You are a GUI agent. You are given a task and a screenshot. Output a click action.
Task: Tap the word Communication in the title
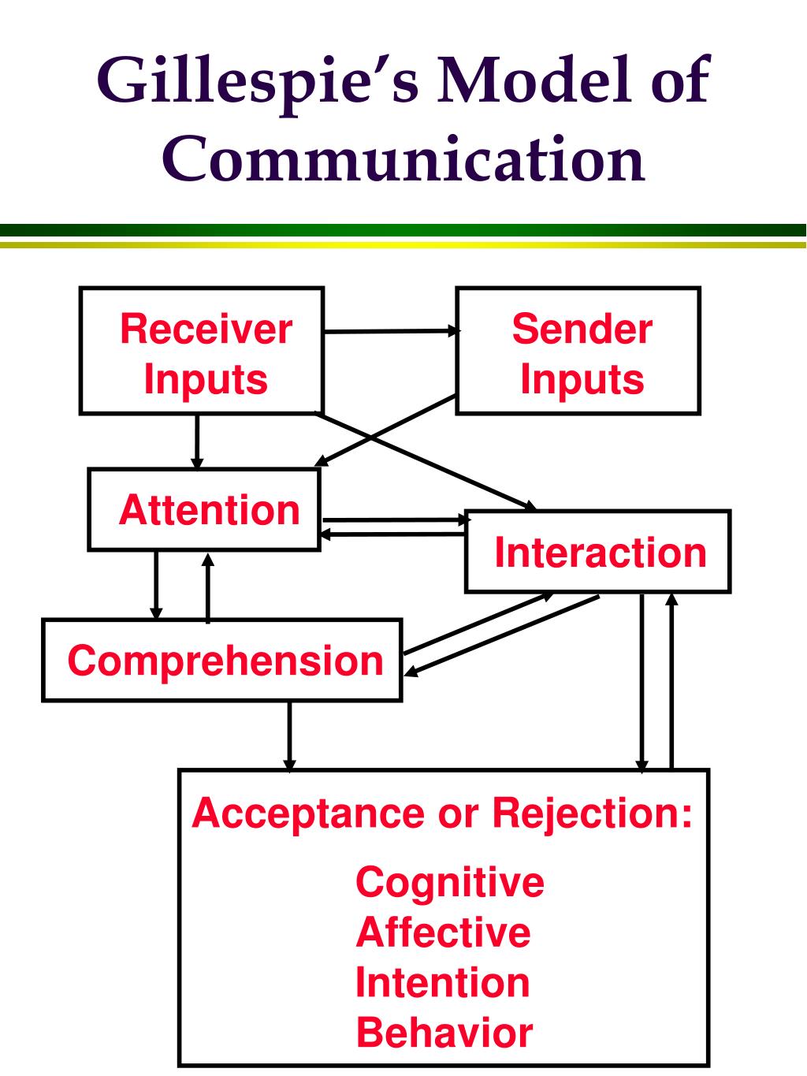(x=403, y=159)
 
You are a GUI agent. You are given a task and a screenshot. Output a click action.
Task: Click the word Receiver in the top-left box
(x=206, y=330)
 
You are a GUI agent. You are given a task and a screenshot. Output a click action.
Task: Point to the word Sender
(x=582, y=330)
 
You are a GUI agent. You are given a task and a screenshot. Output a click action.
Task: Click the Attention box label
(x=209, y=510)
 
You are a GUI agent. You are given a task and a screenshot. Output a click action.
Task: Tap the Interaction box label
(x=601, y=553)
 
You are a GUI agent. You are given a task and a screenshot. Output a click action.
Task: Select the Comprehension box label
(x=225, y=662)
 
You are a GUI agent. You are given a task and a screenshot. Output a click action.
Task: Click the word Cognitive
(x=450, y=883)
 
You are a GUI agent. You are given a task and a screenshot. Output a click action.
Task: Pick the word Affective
(x=444, y=933)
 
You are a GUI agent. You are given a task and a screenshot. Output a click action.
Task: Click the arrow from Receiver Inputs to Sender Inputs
(x=392, y=331)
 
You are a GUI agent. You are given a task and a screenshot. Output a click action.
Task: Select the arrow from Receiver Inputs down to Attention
(x=197, y=442)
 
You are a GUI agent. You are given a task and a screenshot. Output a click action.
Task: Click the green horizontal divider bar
(x=403, y=230)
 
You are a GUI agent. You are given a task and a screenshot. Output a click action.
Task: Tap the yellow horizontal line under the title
(x=403, y=244)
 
